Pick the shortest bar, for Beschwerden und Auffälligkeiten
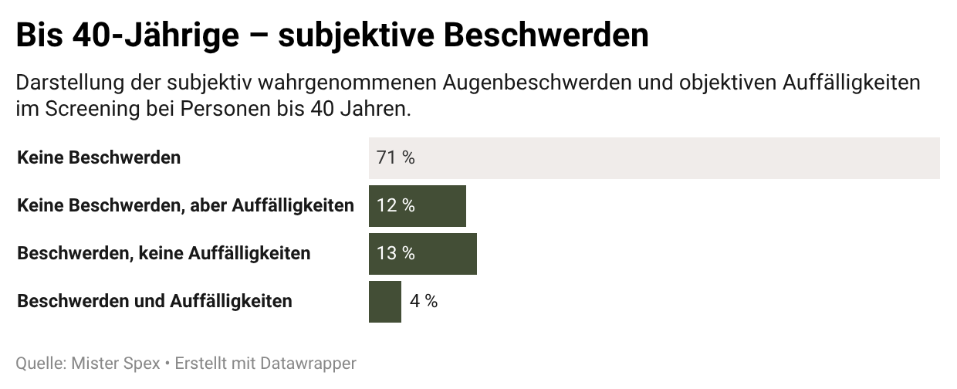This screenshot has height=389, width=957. point(384,302)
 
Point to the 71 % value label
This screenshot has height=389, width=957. point(395,158)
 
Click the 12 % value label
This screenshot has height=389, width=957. point(395,206)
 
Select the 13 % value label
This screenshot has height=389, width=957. point(395,254)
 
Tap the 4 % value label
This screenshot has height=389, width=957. point(423,302)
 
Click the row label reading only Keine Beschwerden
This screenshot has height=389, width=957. point(99,158)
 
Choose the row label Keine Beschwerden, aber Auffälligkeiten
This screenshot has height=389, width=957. point(185,206)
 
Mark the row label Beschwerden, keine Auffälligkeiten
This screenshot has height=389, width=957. point(164,254)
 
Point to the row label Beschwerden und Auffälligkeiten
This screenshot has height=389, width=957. point(154,302)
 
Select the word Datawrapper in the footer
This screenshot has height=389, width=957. point(308,364)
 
